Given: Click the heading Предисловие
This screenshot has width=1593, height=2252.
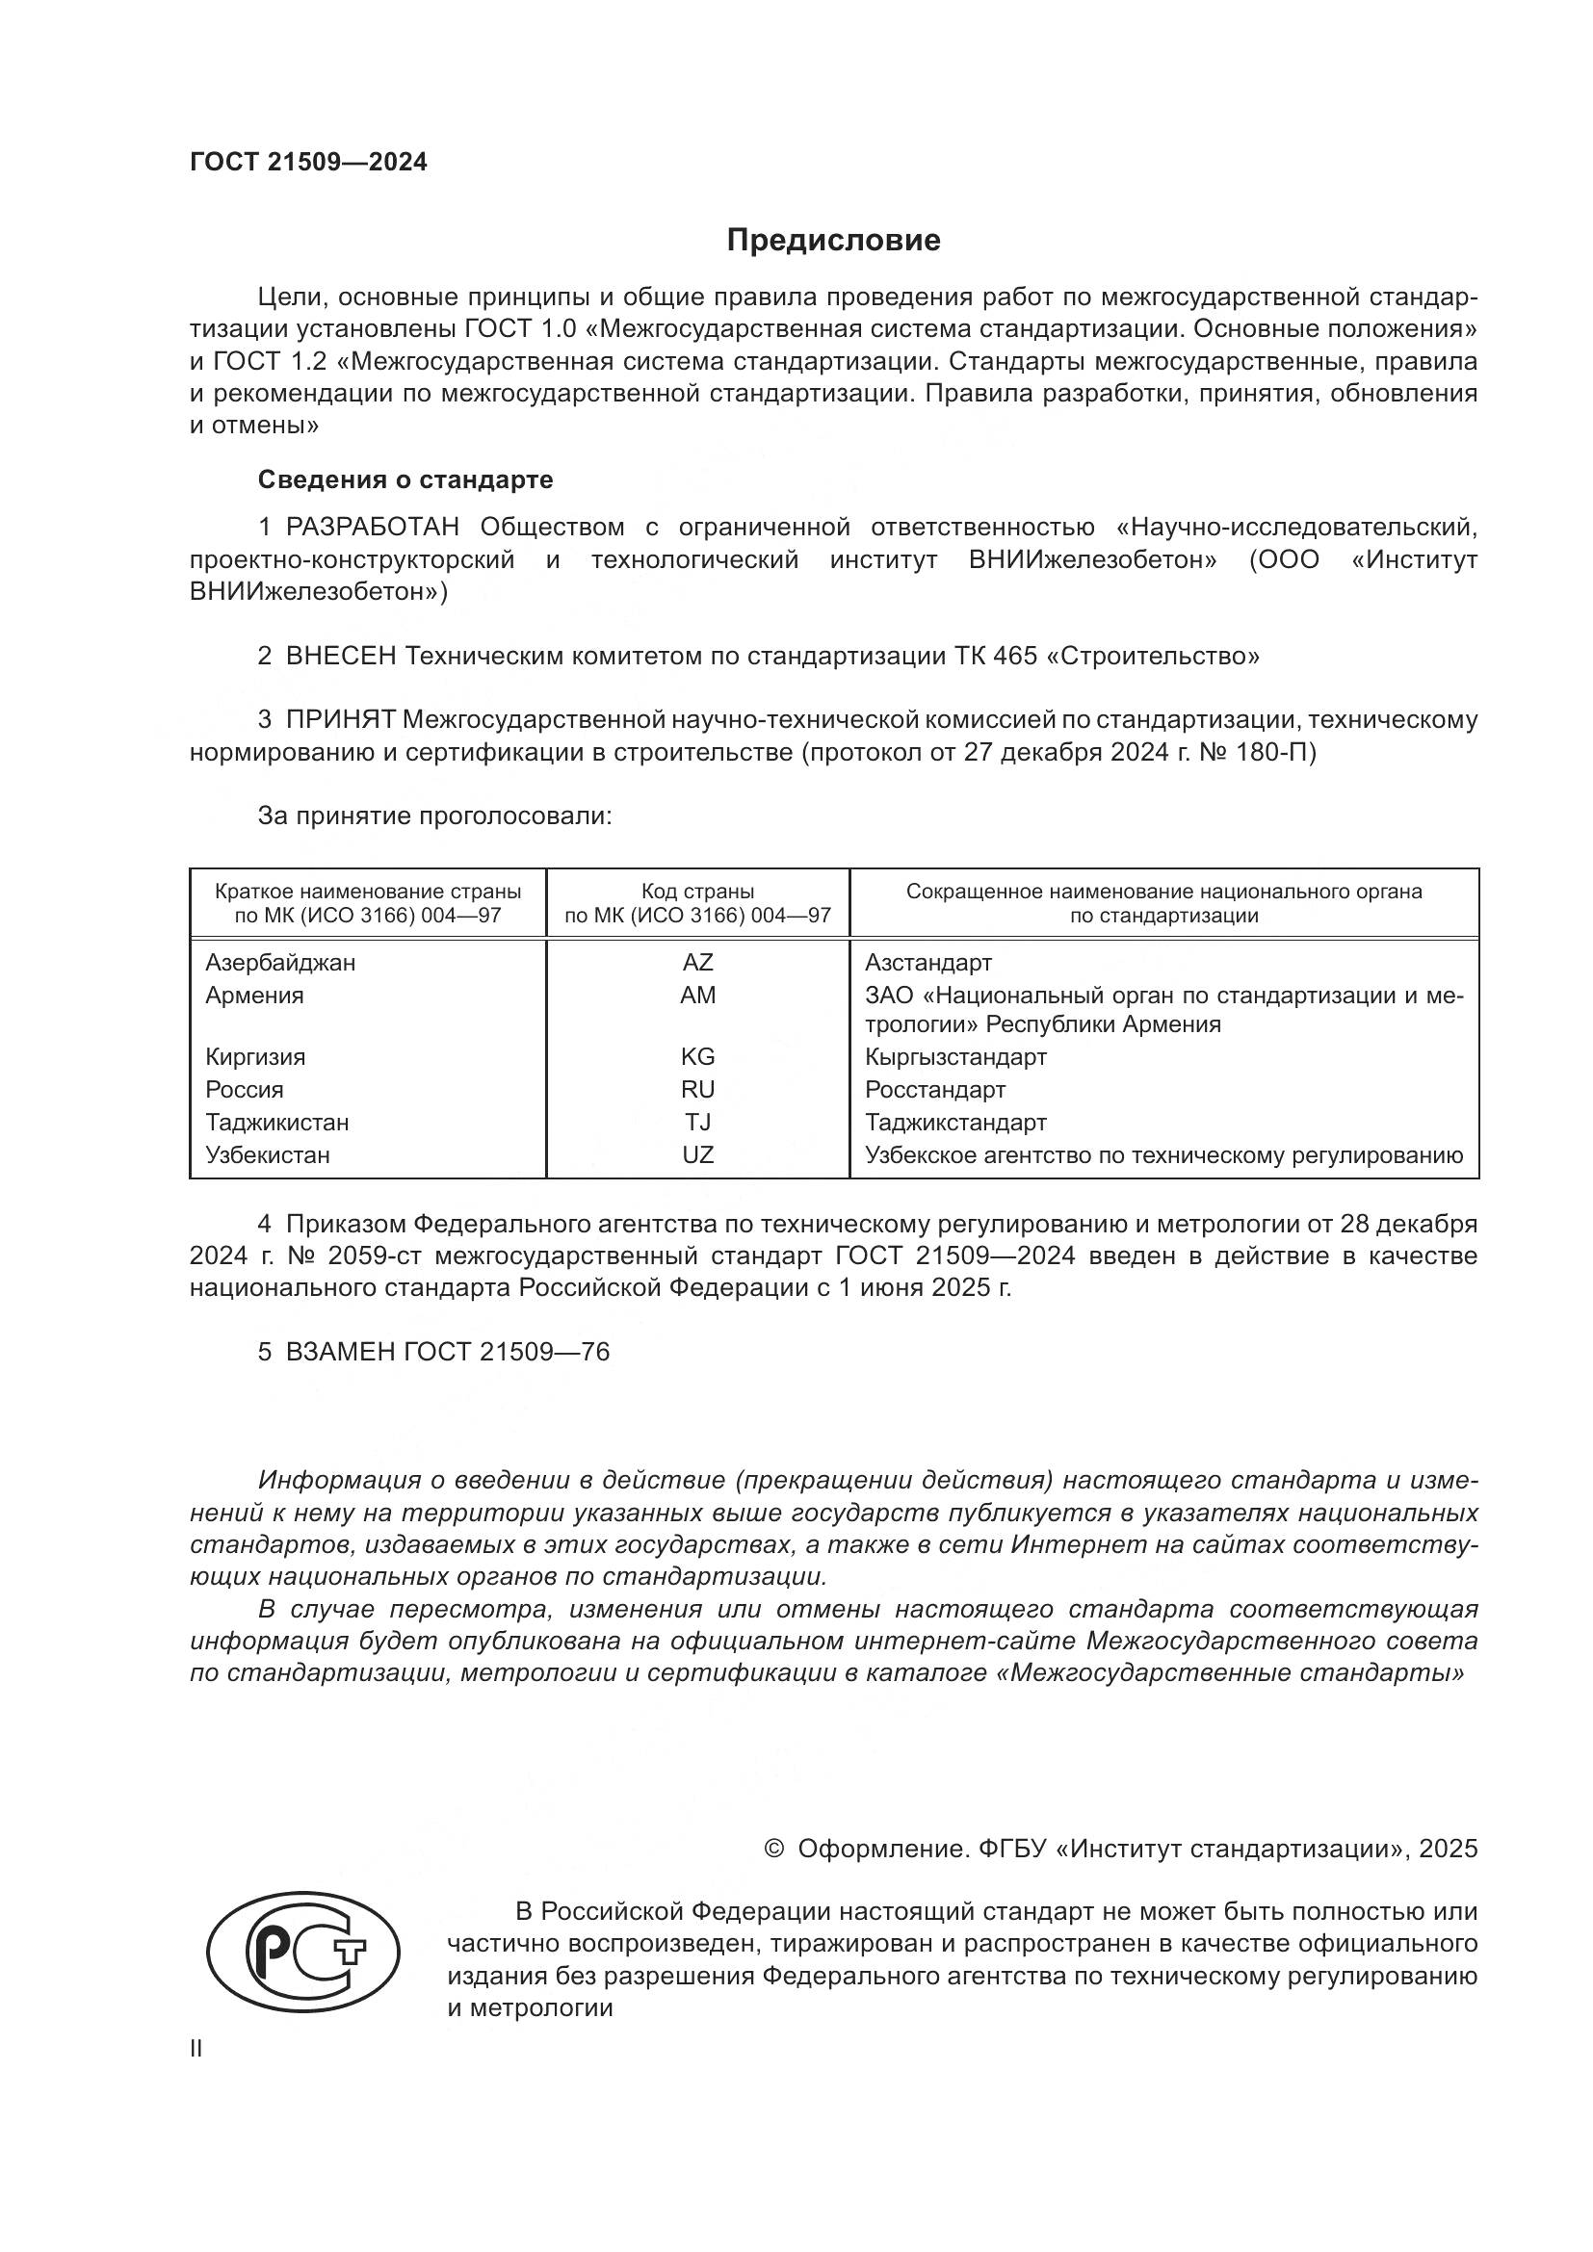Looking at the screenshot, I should coord(833,241).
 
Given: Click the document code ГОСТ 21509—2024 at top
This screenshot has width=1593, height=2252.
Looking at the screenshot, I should coord(308,163).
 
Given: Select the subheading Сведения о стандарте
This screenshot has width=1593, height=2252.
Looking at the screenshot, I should coord(405,479).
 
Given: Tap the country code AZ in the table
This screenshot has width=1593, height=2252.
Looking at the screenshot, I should coord(697,962).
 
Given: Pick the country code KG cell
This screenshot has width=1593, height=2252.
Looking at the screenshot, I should coord(697,1056).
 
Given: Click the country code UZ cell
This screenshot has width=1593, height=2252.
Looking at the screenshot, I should coord(697,1154).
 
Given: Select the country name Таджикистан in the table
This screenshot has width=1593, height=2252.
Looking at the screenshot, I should coord(276,1122).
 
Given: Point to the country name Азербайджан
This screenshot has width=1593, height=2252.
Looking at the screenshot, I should coord(280,962).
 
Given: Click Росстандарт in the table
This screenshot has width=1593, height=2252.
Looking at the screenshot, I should coord(935,1090).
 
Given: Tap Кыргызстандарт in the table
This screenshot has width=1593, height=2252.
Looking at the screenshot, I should coord(955,1056).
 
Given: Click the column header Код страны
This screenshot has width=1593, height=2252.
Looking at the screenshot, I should coord(697,892).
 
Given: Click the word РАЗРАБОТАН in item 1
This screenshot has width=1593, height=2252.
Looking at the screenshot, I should coord(372,527).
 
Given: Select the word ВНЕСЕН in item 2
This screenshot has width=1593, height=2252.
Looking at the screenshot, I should coord(340,657).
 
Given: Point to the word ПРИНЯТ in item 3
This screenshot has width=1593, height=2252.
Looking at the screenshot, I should coord(340,720).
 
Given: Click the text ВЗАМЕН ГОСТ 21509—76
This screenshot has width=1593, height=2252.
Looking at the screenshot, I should coord(447,1352).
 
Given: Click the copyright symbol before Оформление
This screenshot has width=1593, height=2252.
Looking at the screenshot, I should coord(773,1849).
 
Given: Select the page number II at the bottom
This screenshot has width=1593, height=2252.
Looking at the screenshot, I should coord(196,2048).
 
